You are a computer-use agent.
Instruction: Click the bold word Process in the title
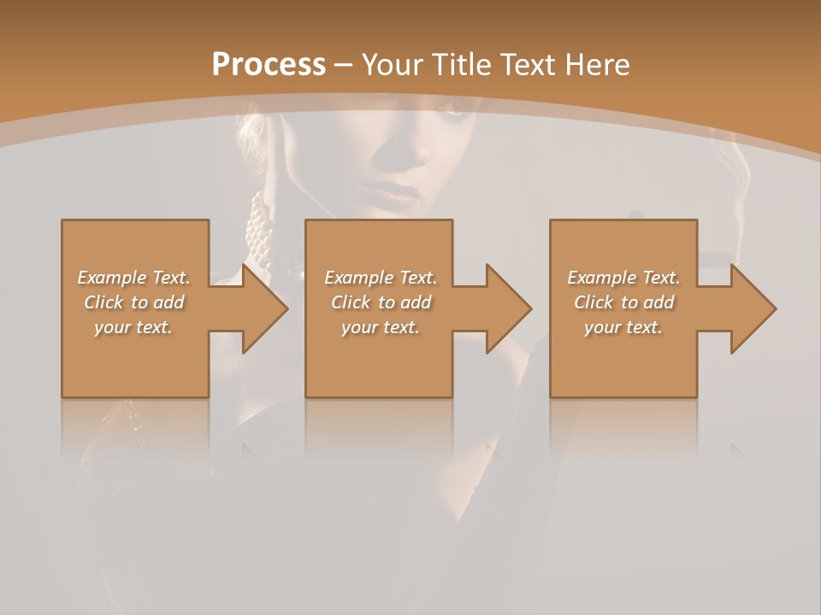[269, 65]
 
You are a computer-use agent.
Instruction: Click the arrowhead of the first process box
[265, 308]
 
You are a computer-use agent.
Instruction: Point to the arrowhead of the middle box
[509, 308]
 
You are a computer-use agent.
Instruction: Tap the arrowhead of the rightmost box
[753, 308]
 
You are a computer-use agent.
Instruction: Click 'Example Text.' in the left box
[134, 278]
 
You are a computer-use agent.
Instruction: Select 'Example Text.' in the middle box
[381, 278]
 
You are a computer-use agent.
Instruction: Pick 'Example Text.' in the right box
[623, 278]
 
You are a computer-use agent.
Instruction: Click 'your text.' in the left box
[134, 327]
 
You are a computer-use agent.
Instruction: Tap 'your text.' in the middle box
[381, 327]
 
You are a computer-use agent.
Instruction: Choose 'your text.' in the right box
[623, 327]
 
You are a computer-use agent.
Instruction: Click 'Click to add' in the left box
[134, 302]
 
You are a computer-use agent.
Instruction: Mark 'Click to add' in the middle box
[381, 302]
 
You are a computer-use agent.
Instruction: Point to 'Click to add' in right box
[623, 302]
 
